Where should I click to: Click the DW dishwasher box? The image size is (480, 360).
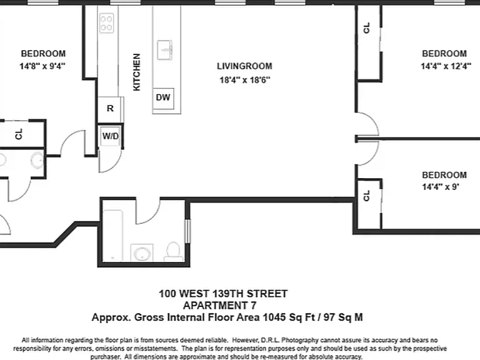coord(164,99)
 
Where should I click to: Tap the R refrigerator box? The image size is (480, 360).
coord(110,109)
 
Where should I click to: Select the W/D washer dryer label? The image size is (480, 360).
coord(110,136)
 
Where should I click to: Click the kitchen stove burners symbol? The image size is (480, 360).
coord(106,23)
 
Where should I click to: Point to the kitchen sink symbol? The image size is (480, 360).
coord(165,50)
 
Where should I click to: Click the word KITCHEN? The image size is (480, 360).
coord(136,72)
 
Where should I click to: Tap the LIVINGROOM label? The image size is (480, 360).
coord(244,66)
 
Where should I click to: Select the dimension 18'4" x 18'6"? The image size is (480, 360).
coord(245,80)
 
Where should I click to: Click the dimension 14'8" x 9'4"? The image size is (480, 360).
coord(42,66)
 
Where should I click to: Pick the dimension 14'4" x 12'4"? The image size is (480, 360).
coord(446,66)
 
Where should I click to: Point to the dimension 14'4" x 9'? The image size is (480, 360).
coord(441,187)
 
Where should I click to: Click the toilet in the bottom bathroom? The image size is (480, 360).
coord(173,251)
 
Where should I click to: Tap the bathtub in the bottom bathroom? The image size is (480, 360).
coord(113,235)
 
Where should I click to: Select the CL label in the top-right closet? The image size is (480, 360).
coord(366,28)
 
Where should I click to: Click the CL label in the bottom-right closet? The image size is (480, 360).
coord(366,196)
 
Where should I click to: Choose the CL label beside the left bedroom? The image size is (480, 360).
coord(19,134)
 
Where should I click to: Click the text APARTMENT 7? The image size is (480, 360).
coord(220,306)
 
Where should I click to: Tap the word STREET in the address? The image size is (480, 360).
coord(267,294)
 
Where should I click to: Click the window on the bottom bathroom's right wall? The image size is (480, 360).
coord(187,231)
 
